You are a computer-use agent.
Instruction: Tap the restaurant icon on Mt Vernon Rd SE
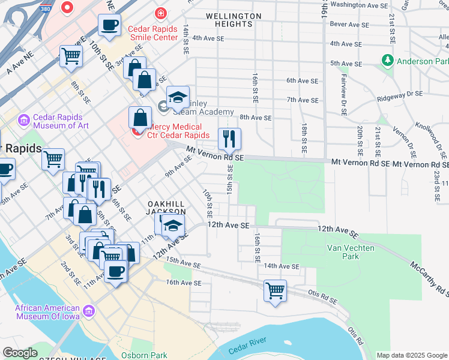229,139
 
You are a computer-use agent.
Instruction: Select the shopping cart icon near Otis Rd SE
275,291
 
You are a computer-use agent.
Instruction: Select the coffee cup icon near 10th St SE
109,26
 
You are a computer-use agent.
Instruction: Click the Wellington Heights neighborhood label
233,20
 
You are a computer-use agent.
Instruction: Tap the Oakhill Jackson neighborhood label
167,208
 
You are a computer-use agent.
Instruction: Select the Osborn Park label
144,355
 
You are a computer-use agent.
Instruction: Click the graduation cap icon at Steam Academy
178,97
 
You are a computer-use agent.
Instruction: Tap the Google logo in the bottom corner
20,353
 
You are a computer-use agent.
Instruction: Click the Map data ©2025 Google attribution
412,355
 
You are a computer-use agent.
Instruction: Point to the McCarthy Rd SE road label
429,280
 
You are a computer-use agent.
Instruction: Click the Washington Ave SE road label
360,5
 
